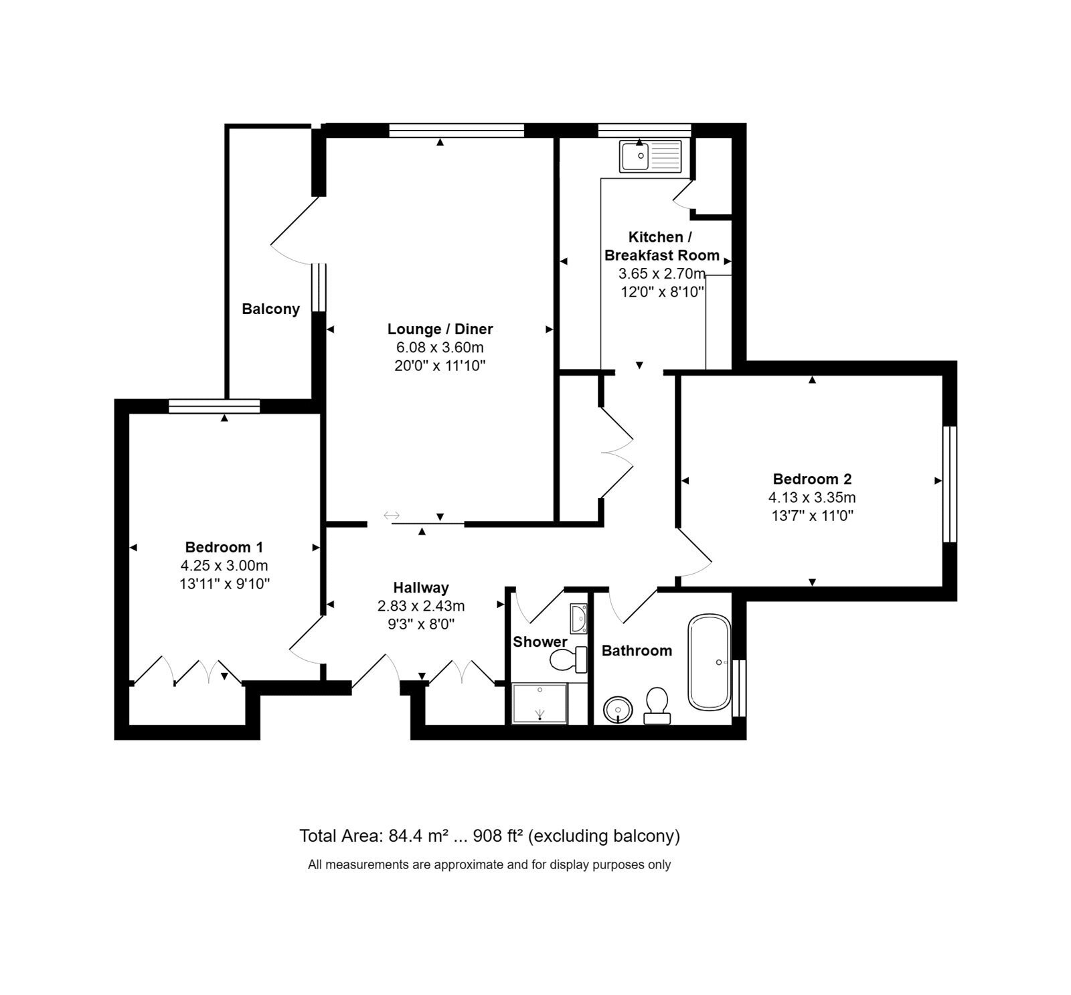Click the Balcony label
click(270, 309)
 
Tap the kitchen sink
click(650, 156)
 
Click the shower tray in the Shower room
click(540, 703)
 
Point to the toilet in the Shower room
click(568, 660)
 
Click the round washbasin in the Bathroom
click(618, 709)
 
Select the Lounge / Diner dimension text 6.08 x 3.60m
click(440, 348)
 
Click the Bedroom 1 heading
click(224, 547)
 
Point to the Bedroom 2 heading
click(812, 479)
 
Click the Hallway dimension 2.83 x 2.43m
click(421, 606)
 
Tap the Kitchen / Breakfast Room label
click(661, 246)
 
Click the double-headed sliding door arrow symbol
click(392, 515)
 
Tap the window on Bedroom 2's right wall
click(950, 483)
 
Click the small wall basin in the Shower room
click(578, 618)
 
